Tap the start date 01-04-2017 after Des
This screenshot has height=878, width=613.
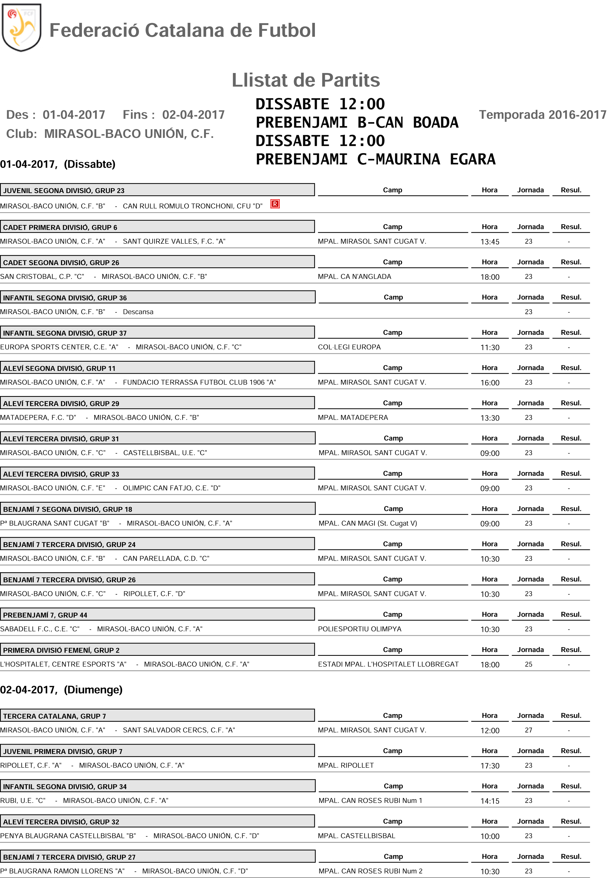click(x=74, y=115)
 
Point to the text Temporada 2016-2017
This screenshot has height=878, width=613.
click(x=542, y=115)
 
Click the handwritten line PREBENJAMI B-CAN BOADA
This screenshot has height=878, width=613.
click(x=356, y=123)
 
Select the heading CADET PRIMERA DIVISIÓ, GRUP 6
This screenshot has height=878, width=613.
click(x=60, y=227)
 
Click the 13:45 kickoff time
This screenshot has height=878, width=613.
click(x=490, y=242)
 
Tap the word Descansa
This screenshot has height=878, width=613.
click(x=138, y=312)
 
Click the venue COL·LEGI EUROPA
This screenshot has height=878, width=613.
click(x=349, y=347)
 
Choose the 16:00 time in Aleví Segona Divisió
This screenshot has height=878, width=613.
click(x=490, y=383)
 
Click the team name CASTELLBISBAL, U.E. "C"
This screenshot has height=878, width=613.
click(x=165, y=453)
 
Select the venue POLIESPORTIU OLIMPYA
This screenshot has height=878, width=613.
click(x=360, y=629)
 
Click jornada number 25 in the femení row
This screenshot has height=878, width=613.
click(x=528, y=664)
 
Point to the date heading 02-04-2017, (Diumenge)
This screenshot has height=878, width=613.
click(x=61, y=690)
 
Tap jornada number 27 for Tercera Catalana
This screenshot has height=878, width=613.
click(x=528, y=730)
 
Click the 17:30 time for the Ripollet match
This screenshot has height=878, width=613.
click(x=490, y=766)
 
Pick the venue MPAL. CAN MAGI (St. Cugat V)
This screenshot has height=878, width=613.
click(x=367, y=523)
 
